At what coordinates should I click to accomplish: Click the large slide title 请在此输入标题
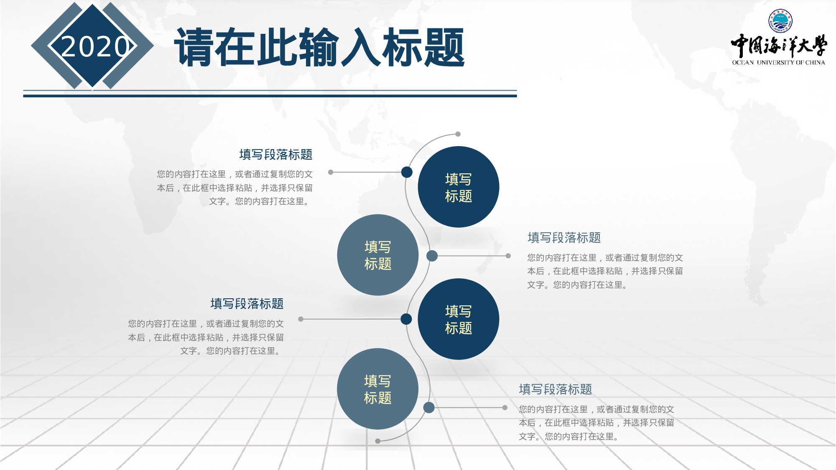pos(319,47)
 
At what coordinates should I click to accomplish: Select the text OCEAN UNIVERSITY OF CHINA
pos(778,63)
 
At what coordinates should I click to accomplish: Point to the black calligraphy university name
pos(778,46)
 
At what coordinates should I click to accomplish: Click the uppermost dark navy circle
pos(459,187)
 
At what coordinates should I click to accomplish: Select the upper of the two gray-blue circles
pos(377,255)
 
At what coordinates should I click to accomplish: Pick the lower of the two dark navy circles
pos(459,319)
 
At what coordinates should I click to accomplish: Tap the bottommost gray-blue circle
pos(377,389)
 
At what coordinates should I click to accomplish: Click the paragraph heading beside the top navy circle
pos(276,155)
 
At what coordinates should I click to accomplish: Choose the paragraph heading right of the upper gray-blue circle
pos(564,238)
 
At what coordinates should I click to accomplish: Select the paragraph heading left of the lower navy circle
pos(247,304)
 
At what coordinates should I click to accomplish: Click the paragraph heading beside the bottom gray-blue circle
pos(555,389)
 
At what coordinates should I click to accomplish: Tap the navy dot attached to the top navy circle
pos(407,172)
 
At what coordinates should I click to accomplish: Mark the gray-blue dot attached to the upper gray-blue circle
pos(432,256)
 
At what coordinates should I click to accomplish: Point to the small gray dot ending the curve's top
pos(458,134)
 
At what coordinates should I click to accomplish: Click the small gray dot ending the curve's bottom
pos(378,441)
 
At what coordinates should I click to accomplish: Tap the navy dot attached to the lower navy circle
pos(406,319)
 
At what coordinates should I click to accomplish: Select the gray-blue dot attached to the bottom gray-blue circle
pos(429,408)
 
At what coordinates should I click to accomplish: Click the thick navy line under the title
pos(270,96)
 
